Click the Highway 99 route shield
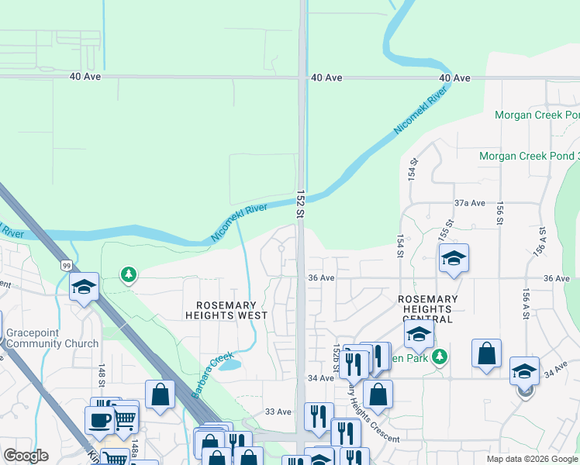(65, 265)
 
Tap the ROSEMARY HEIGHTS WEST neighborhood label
(226, 310)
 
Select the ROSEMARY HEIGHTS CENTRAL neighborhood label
(427, 308)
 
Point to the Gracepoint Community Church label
(52, 338)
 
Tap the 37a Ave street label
(470, 203)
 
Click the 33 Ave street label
(278, 412)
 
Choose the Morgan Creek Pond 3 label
(529, 156)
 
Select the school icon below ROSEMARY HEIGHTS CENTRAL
(418, 334)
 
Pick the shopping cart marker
(126, 420)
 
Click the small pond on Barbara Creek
(230, 364)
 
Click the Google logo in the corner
(26, 456)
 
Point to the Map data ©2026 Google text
(532, 459)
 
